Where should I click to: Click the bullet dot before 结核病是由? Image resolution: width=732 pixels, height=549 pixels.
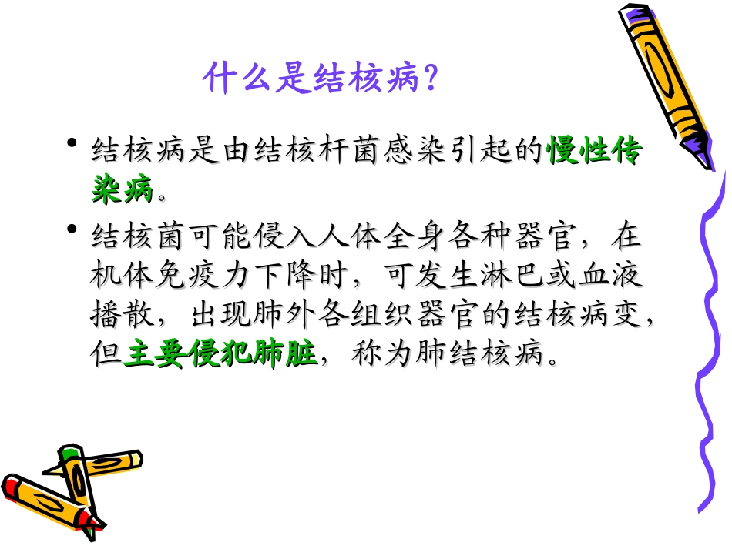pyautogui.click(x=72, y=145)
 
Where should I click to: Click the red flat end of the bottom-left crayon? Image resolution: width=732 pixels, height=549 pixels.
pyautogui.click(x=11, y=487)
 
